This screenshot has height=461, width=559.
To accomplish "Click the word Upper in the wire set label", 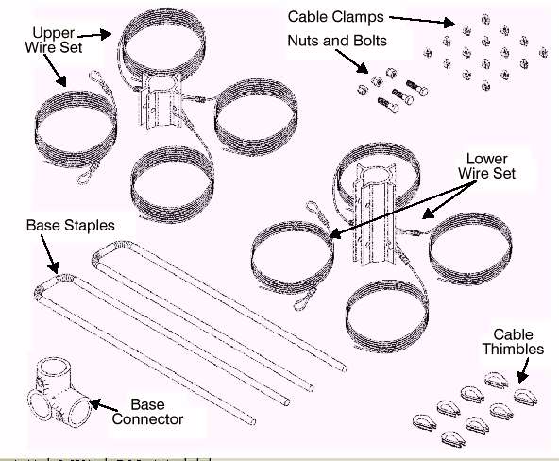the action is [x=54, y=33].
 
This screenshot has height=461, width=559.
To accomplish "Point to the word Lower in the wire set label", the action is [x=486, y=159].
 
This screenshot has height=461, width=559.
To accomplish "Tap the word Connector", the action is [x=147, y=418].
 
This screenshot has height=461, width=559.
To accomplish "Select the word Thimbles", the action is [x=513, y=349].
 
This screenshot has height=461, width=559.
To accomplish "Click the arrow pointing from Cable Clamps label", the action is [x=422, y=21].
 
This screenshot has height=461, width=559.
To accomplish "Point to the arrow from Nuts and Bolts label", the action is [x=352, y=61].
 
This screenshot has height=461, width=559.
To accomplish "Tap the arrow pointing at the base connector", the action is [x=103, y=406].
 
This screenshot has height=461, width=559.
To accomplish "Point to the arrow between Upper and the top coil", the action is [x=94, y=35].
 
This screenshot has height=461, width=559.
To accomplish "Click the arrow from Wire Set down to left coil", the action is [x=56, y=70].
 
